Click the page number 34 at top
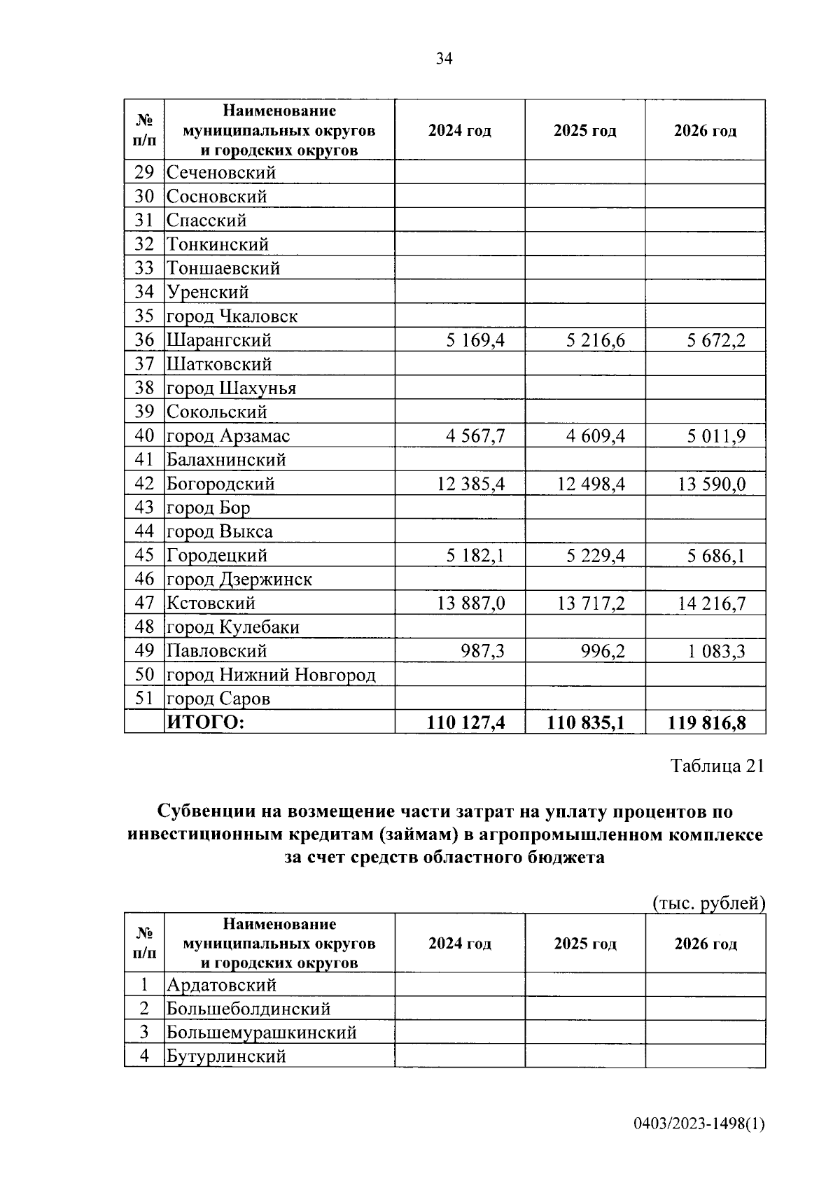[x=444, y=59]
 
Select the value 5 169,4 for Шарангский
[x=475, y=341]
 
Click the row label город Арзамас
[x=228, y=436]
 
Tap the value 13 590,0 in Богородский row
[x=711, y=484]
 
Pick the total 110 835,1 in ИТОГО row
[x=585, y=722]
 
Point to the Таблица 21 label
[x=717, y=766]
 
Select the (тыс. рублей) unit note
[x=708, y=903]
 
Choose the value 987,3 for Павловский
[x=482, y=651]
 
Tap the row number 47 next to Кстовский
[x=144, y=603]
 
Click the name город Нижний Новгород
[x=271, y=675]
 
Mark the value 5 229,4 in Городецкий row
[x=595, y=556]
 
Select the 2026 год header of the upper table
[x=705, y=131]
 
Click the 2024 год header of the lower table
[x=460, y=944]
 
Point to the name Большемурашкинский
[x=261, y=1033]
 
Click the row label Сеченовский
[x=221, y=173]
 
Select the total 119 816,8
[x=706, y=722]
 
